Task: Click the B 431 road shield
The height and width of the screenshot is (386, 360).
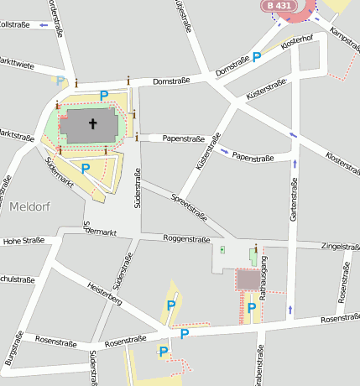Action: [x=281, y=6]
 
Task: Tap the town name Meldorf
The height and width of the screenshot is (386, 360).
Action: [x=32, y=206]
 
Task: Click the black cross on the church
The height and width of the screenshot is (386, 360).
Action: [x=92, y=125]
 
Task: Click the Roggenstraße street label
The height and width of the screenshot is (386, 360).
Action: [x=185, y=239]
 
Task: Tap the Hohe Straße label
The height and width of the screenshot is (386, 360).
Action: [x=23, y=241]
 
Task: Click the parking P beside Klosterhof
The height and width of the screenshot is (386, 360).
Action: [x=257, y=57]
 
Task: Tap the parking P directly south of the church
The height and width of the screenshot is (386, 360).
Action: [x=85, y=169]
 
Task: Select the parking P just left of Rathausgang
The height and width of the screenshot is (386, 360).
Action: [x=251, y=308]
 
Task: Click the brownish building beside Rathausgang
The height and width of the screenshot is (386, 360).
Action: [x=248, y=279]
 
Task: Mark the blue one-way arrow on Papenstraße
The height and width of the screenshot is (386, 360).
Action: [x=226, y=152]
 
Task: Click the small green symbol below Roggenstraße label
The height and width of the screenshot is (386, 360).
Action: [x=222, y=249]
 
